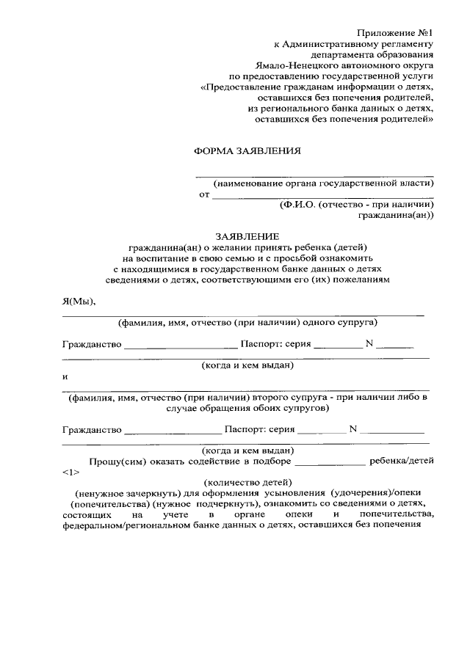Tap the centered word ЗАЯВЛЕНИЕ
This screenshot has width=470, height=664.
click(247, 237)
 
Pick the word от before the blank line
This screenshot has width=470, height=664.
click(203, 195)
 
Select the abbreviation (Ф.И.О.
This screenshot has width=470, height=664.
click(297, 205)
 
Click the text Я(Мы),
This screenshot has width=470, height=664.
click(79, 302)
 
